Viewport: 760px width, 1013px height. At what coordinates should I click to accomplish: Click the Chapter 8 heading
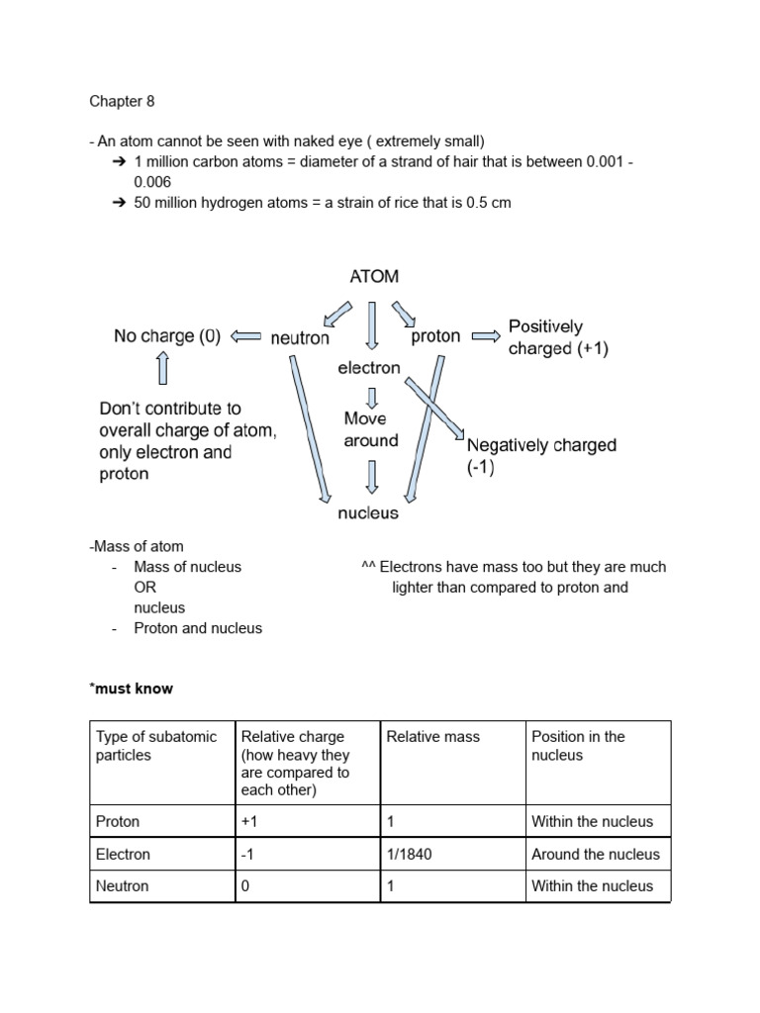(x=122, y=101)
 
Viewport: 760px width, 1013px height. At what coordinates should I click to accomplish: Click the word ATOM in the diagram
(x=374, y=277)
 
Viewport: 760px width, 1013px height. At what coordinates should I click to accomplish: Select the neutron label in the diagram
(x=300, y=337)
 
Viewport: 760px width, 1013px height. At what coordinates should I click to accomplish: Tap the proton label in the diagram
(x=435, y=336)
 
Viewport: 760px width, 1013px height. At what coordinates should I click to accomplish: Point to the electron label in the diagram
(x=369, y=368)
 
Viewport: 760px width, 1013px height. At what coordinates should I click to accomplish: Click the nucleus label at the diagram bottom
(x=368, y=512)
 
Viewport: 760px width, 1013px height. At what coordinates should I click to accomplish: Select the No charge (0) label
(x=167, y=336)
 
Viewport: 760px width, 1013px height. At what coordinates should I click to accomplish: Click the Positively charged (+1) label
(x=545, y=337)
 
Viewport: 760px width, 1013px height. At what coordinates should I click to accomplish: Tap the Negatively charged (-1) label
(x=540, y=456)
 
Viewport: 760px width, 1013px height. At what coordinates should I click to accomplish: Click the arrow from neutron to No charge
(x=245, y=336)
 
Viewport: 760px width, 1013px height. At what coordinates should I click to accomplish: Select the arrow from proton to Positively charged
(x=485, y=336)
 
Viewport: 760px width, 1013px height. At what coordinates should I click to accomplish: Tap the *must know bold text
(x=131, y=688)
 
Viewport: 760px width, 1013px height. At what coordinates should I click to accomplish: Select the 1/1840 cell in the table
(x=409, y=854)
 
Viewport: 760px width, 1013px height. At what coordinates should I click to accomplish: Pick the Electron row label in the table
(x=123, y=854)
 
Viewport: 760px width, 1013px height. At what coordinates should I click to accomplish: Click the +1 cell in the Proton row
(x=250, y=821)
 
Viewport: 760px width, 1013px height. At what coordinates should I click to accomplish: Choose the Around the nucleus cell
(x=595, y=854)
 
